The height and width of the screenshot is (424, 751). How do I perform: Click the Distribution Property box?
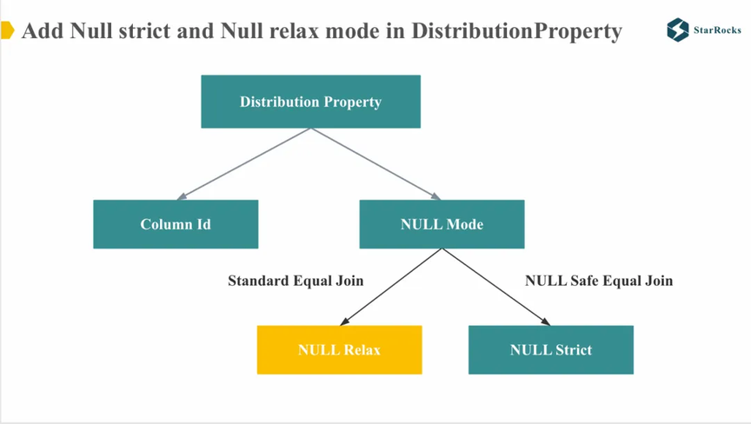(311, 102)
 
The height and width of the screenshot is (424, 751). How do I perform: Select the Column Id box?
(176, 224)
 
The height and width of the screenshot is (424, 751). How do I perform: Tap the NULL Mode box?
(442, 224)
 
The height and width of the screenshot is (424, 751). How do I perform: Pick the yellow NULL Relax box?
(340, 350)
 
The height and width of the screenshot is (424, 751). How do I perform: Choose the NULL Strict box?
(551, 350)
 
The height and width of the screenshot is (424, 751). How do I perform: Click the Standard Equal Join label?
(296, 281)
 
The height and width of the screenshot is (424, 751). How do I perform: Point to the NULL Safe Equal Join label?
(599, 281)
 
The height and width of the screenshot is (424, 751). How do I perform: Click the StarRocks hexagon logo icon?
(678, 30)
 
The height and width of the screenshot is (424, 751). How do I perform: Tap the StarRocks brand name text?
(717, 30)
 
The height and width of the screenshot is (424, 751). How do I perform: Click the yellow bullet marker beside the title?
(7, 30)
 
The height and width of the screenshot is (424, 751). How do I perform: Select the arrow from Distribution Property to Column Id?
(243, 163)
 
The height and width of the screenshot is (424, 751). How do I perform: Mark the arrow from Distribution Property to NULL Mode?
(376, 163)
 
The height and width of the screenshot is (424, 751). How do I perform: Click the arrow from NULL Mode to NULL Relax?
(391, 287)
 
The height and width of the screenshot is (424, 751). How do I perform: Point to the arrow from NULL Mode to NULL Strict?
(496, 287)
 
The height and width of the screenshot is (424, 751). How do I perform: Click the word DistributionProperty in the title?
(517, 31)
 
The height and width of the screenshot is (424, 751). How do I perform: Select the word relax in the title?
(294, 31)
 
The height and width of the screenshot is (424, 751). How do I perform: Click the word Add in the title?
(43, 31)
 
